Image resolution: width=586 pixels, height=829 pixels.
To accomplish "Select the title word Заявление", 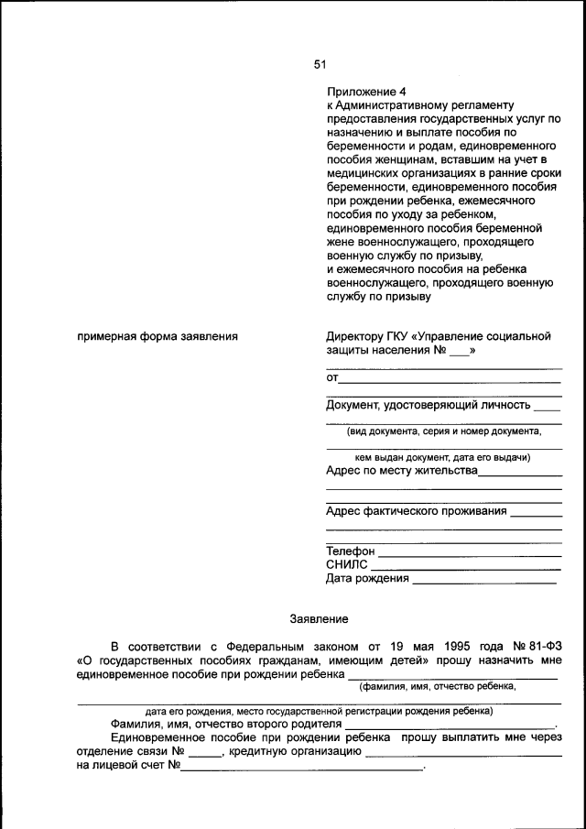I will (319, 618).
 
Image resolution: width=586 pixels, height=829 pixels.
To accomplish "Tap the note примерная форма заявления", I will (157, 336).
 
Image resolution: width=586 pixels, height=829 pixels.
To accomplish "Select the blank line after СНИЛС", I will (465, 569).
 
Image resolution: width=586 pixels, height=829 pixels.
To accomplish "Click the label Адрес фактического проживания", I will (417, 510).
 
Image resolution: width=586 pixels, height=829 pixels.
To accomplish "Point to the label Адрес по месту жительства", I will (402, 471).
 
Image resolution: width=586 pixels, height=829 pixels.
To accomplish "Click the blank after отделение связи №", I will (206, 754).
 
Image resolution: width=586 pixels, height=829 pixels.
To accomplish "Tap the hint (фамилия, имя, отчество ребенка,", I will (438, 685).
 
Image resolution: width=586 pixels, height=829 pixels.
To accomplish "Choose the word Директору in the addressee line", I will (356, 336).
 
